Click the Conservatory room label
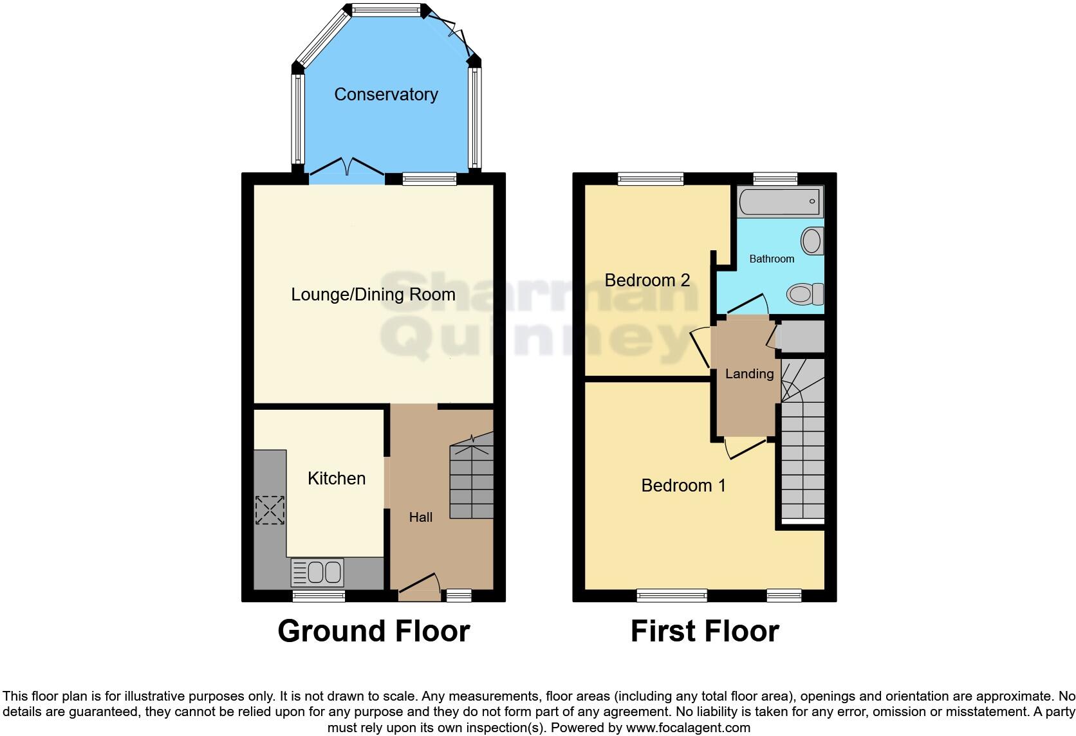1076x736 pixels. click(386, 95)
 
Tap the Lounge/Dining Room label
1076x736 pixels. click(373, 295)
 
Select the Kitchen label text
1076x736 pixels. click(337, 479)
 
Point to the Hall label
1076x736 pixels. click(421, 517)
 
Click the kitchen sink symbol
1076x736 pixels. click(317, 572)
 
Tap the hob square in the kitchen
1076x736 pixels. click(270, 510)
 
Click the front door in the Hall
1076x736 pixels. click(419, 585)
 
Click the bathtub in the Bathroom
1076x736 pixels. click(779, 201)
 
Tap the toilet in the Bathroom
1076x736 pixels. click(805, 294)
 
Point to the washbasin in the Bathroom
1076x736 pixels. click(812, 241)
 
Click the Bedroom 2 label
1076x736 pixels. click(647, 281)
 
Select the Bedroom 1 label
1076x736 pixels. click(683, 486)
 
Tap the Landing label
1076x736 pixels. click(749, 374)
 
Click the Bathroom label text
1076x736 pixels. click(772, 259)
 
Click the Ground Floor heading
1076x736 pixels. click(373, 631)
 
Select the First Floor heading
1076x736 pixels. click(705, 631)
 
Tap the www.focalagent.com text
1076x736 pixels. click(688, 728)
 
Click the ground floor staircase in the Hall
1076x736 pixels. click(472, 476)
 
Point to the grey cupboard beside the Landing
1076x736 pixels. click(802, 336)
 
